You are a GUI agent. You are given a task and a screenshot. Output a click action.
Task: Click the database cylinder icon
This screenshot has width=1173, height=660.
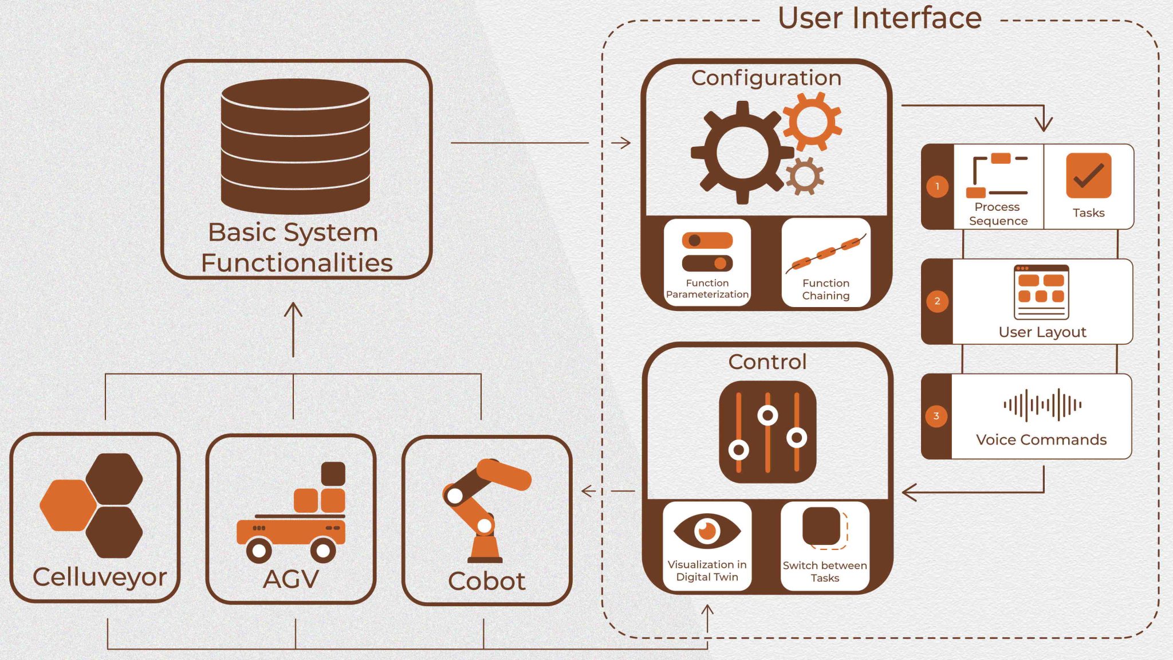pyautogui.click(x=295, y=146)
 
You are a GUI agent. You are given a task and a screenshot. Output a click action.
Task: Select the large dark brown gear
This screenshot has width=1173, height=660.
pyautogui.click(x=742, y=152)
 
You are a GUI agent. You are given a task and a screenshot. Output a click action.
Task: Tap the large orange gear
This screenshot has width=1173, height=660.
pyautogui.click(x=812, y=122)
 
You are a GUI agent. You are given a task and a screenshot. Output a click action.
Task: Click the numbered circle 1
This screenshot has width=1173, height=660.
pyautogui.click(x=937, y=186)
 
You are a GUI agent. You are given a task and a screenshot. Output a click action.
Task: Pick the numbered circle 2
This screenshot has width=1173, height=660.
pyautogui.click(x=937, y=301)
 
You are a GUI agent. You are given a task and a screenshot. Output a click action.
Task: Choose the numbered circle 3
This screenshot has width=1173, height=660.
pyautogui.click(x=936, y=416)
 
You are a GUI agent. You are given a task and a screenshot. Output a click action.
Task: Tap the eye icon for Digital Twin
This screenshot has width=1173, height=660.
pyautogui.click(x=707, y=531)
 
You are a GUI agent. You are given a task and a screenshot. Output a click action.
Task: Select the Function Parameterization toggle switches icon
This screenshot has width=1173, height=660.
pyautogui.click(x=707, y=252)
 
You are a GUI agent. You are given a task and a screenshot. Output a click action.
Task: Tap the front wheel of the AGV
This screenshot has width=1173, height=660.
pyautogui.click(x=259, y=551)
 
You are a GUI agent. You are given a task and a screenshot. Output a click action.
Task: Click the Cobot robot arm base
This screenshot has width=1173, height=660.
pyautogui.click(x=485, y=550)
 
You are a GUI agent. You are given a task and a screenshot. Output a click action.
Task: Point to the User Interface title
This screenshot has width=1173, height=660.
pyautogui.click(x=879, y=18)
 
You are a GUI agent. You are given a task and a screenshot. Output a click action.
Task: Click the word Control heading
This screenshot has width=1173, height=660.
pyautogui.click(x=767, y=362)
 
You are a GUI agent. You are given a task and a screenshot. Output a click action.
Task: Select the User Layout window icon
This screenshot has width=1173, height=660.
pyautogui.click(x=1041, y=292)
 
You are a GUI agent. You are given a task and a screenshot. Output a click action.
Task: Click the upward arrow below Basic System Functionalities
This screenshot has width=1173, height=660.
pyautogui.click(x=293, y=329)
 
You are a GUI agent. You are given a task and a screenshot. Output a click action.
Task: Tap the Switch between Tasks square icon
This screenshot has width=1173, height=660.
pyautogui.click(x=824, y=527)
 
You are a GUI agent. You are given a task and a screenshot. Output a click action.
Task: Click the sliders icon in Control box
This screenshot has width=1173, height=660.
pyautogui.click(x=767, y=432)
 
